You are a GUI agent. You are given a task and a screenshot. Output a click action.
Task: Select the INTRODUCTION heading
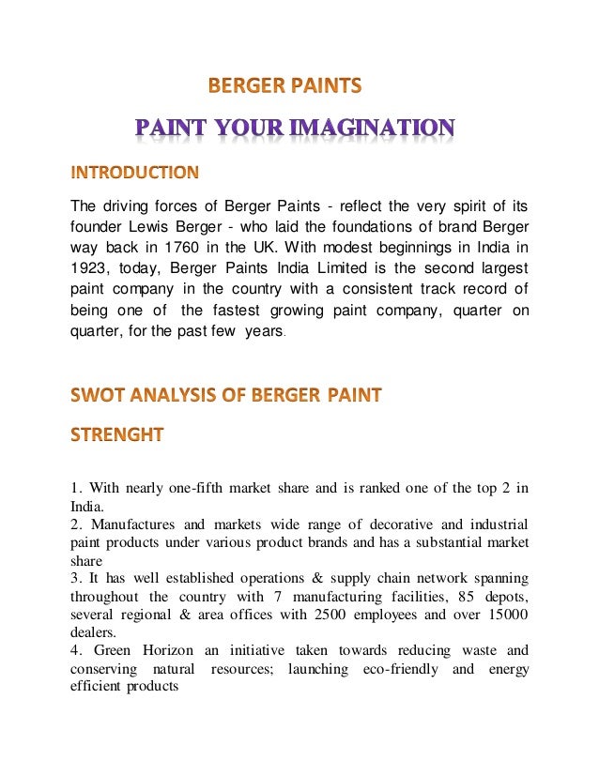tap(134, 173)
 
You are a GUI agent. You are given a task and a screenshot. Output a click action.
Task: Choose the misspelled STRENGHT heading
tap(117, 434)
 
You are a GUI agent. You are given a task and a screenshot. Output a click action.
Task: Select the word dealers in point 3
tap(91, 632)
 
